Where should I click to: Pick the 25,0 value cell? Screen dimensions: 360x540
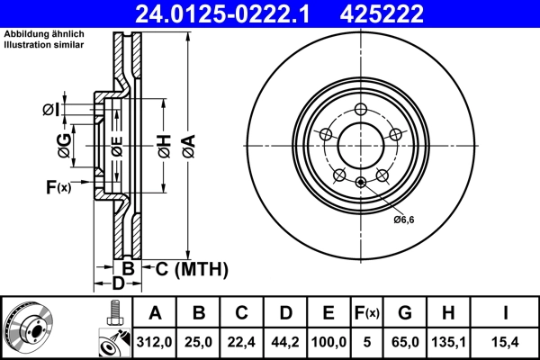tap(200, 341)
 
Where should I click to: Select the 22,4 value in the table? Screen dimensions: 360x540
tap(242, 341)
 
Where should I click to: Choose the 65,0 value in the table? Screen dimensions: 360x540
tap(406, 341)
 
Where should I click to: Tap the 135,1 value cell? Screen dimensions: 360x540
tap(450, 341)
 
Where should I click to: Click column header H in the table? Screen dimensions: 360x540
tap(450, 313)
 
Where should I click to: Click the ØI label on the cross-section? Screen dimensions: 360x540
tap(51, 110)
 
